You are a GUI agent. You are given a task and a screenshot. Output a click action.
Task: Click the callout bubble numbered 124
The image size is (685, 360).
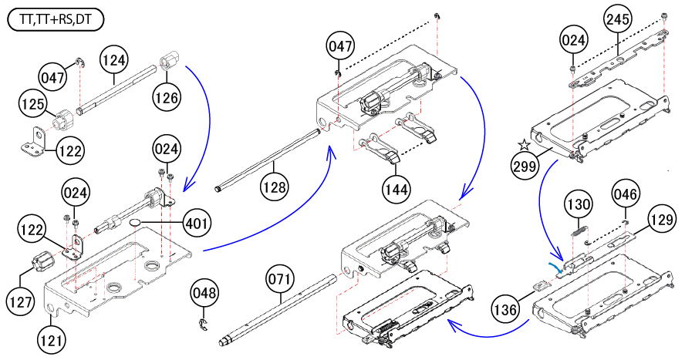(114, 58)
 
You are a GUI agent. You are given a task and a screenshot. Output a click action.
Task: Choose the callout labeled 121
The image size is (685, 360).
(52, 338)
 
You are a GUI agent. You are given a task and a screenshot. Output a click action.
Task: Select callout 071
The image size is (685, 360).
(282, 279)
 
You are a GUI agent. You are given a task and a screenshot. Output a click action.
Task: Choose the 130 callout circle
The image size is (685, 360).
(579, 204)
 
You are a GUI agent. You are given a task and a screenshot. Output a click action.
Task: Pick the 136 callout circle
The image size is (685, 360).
(506, 310)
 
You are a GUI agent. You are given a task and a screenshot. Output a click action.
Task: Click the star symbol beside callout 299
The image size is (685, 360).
(524, 144)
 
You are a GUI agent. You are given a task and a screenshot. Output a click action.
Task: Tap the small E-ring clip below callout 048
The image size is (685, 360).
(203, 323)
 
